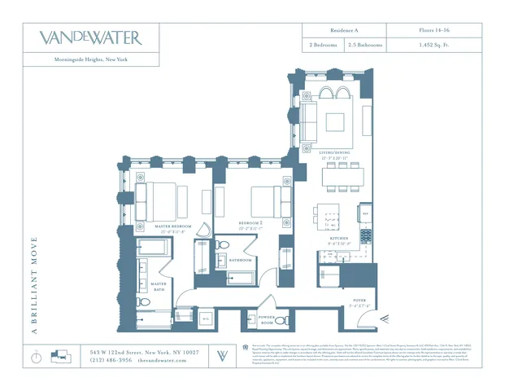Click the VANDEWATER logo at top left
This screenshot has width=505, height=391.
click(x=90, y=37)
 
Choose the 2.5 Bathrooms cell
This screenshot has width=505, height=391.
click(x=365, y=46)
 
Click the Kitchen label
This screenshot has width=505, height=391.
click(x=339, y=239)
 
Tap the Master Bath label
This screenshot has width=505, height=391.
click(x=159, y=286)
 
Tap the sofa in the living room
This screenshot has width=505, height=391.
click(x=310, y=113)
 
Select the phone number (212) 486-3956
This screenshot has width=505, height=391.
click(x=110, y=359)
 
